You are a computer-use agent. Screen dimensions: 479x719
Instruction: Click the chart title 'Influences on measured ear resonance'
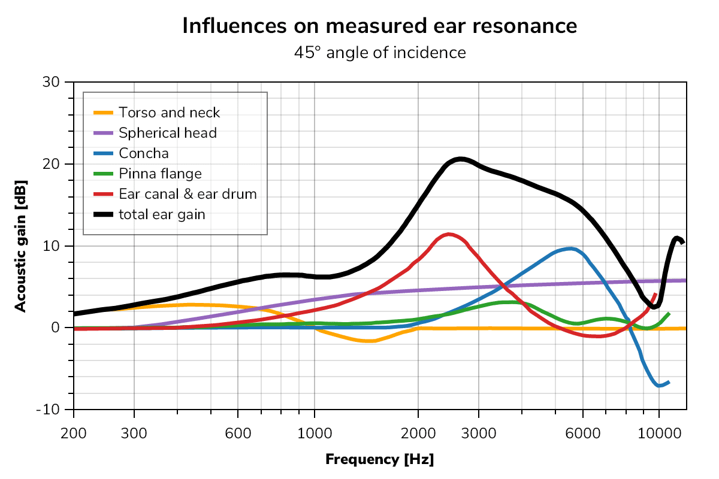click(379, 26)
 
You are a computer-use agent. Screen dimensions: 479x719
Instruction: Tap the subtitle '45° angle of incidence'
click(379, 53)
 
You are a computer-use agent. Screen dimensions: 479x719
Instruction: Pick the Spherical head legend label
click(167, 133)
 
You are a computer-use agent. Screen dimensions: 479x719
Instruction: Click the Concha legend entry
click(143, 153)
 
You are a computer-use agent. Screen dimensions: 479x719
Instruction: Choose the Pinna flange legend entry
click(160, 174)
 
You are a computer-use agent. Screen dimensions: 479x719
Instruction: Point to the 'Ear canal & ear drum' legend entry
click(188, 194)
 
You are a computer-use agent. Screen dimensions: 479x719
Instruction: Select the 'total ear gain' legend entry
click(162, 214)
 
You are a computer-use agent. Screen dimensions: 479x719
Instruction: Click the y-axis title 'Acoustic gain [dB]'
click(20, 245)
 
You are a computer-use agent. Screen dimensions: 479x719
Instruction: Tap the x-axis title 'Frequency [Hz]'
click(379, 460)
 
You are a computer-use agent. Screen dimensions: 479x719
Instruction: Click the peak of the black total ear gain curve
click(460, 159)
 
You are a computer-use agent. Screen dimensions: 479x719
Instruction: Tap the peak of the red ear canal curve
click(448, 234)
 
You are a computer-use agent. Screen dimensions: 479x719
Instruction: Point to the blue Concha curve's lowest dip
click(660, 386)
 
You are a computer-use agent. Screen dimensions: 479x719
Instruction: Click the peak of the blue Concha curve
click(570, 248)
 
